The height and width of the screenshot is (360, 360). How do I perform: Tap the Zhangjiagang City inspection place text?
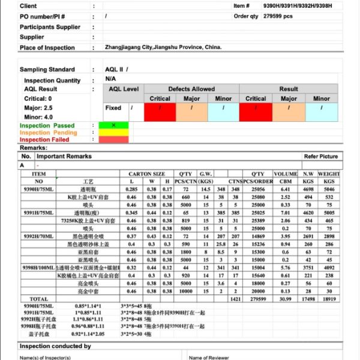(x=163, y=47)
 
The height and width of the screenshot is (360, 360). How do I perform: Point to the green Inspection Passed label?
(x=47, y=126)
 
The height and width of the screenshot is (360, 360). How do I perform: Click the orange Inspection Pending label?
(x=48, y=133)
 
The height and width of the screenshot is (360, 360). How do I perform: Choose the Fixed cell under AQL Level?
(x=113, y=108)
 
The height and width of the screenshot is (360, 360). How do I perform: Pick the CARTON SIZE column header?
(x=147, y=174)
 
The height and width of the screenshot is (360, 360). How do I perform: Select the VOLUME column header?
(x=286, y=174)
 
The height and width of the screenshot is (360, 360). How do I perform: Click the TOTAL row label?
(x=39, y=298)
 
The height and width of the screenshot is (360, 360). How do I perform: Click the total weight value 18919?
(x=329, y=298)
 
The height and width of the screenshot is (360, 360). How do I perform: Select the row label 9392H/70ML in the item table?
(x=39, y=236)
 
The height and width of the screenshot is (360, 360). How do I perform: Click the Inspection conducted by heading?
(x=55, y=346)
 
